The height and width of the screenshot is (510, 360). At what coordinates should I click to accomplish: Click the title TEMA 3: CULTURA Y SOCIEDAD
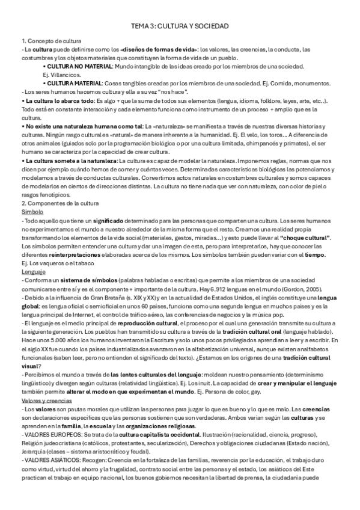(180, 27)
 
